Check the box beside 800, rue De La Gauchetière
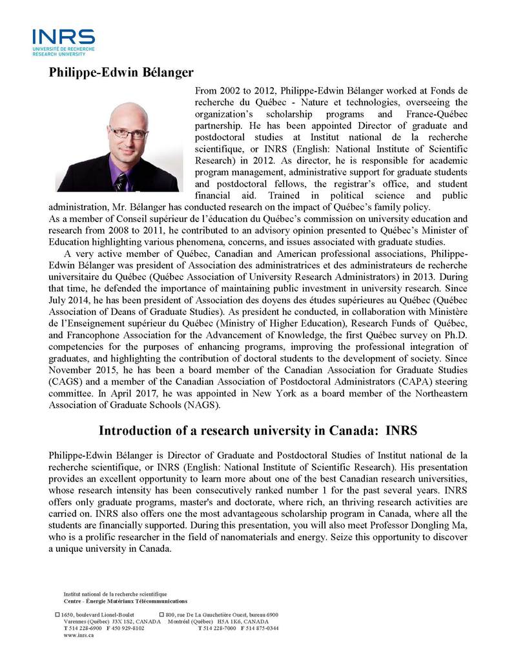161,614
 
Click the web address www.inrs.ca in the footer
78,635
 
